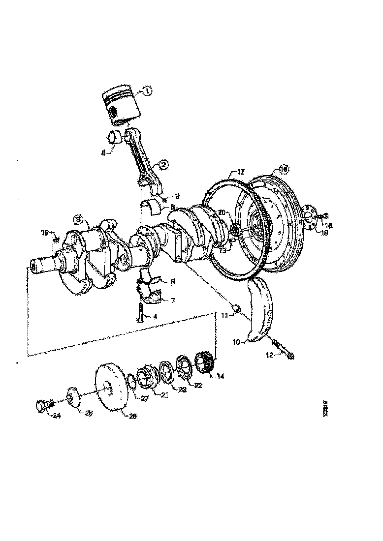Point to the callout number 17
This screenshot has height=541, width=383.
pyautogui.click(x=240, y=172)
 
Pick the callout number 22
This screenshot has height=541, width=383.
pyautogui.click(x=198, y=386)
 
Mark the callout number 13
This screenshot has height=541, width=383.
pyautogui.click(x=223, y=250)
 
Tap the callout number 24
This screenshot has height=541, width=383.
pyautogui.click(x=57, y=416)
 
